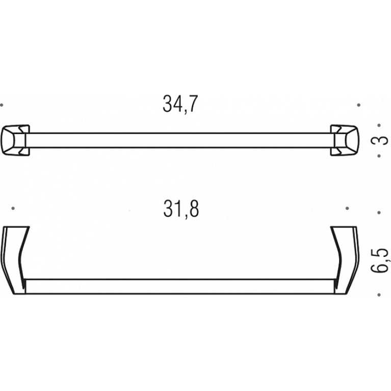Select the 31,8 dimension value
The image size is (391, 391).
pos(181,209)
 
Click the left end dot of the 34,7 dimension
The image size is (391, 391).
pos(2,105)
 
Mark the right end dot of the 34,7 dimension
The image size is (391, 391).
pos(358,105)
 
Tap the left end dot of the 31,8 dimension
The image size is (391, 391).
pos(13,208)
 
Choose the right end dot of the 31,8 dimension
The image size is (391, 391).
pos(347,208)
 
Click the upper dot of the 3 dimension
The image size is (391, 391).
pos(379,125)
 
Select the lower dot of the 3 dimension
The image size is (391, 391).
pos(379,156)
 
